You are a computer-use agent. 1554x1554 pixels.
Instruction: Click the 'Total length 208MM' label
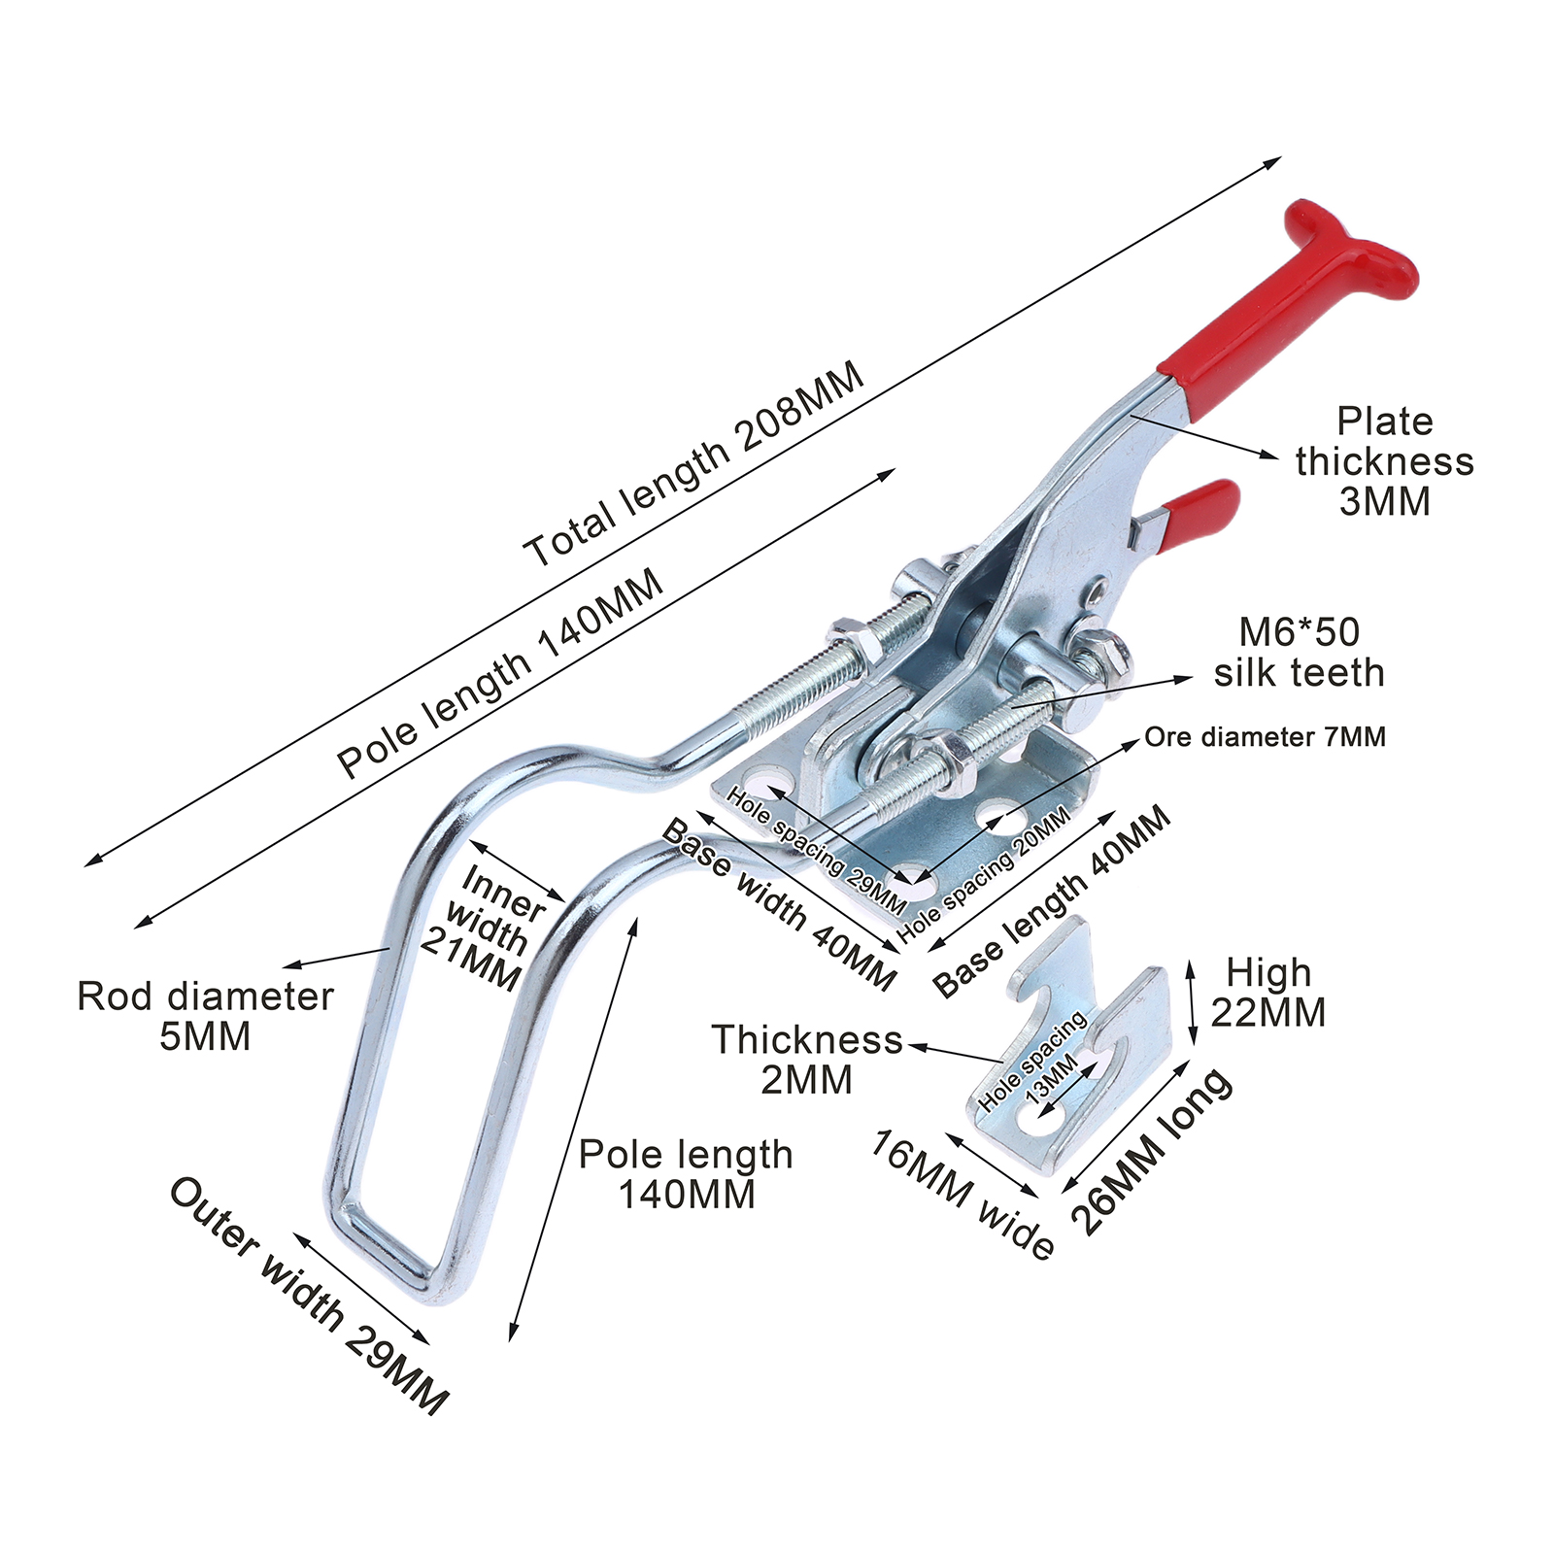pyautogui.click(x=693, y=464)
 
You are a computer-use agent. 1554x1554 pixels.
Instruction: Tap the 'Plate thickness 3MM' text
pyautogui.click(x=1384, y=461)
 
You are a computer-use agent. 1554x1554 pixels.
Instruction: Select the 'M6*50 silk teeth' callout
pyautogui.click(x=1299, y=653)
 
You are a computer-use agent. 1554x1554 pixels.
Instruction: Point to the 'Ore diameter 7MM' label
pyautogui.click(x=1265, y=737)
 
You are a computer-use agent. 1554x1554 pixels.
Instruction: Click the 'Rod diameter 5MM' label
pyautogui.click(x=205, y=1016)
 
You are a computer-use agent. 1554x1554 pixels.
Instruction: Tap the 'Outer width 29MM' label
pyautogui.click(x=309, y=1295)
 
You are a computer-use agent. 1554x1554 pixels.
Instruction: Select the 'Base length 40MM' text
pyautogui.click(x=1052, y=901)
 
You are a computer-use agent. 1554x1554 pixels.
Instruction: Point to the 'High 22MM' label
pyautogui.click(x=1267, y=992)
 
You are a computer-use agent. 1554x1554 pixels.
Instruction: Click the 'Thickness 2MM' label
pyautogui.click(x=807, y=1059)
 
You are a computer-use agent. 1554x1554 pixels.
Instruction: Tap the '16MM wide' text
pyautogui.click(x=962, y=1194)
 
